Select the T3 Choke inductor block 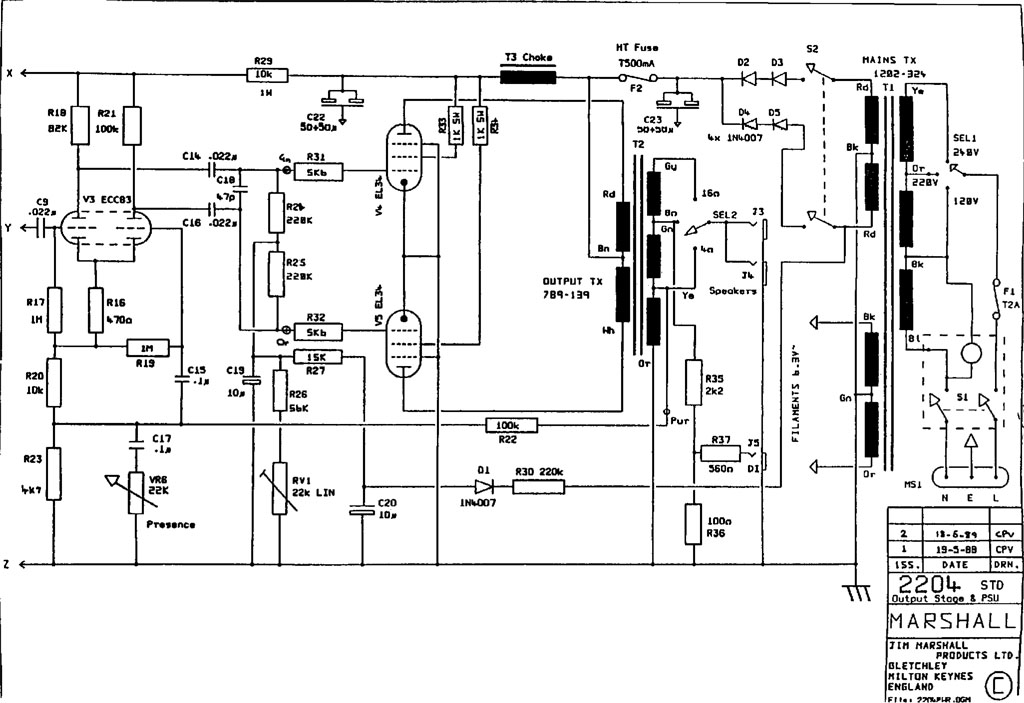click(527, 75)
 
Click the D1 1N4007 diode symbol click(485, 487)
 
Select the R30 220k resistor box click(538, 487)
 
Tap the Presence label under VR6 click(171, 524)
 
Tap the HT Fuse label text click(637, 47)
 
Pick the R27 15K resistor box click(318, 357)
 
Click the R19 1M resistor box click(147, 347)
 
